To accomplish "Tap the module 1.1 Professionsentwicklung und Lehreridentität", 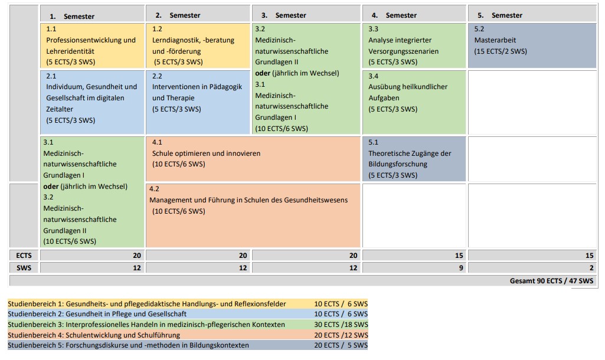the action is (x=92, y=45).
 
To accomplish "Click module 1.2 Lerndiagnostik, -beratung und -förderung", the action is (x=198, y=45).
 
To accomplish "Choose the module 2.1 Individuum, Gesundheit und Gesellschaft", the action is (x=92, y=102).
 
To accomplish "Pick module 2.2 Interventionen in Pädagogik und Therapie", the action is (x=198, y=102).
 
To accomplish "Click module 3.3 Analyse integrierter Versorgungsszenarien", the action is (x=414, y=45).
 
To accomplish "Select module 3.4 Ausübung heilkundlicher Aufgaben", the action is (x=414, y=102).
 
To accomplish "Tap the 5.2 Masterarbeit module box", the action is (x=532, y=45).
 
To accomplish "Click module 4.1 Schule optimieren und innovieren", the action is (x=253, y=159).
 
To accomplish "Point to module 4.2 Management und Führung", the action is (x=253, y=215).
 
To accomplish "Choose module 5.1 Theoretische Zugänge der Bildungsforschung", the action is (x=414, y=159).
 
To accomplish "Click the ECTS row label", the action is (x=24, y=256).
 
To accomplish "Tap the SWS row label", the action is (x=24, y=268).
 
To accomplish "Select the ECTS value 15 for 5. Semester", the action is (x=589, y=256).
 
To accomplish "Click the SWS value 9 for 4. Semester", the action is (x=461, y=268).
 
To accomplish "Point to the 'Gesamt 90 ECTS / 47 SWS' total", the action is (x=551, y=281).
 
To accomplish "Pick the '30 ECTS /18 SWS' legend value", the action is (x=341, y=325).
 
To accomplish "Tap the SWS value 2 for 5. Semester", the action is (x=591, y=268).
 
